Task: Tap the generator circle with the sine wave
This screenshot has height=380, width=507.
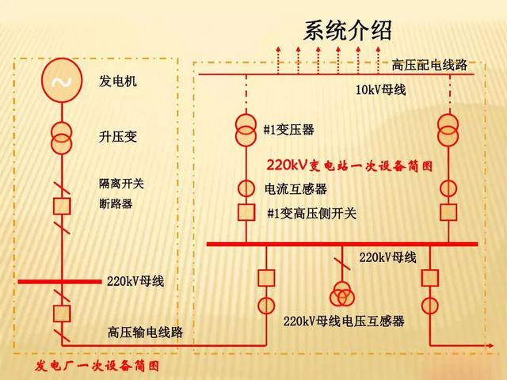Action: [61, 82]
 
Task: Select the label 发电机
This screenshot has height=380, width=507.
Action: [118, 82]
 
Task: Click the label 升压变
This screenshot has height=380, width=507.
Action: [118, 137]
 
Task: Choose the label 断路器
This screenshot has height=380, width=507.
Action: [116, 204]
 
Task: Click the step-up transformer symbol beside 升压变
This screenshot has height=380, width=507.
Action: [61, 137]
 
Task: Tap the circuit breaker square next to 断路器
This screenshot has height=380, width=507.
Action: [61, 205]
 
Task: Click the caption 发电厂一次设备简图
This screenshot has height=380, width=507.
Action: [97, 366]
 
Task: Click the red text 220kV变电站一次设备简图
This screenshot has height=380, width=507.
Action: [350, 166]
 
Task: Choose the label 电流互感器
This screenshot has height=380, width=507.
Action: [295, 189]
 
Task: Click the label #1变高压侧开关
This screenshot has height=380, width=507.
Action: [311, 213]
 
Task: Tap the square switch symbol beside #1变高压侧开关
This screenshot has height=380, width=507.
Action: [246, 212]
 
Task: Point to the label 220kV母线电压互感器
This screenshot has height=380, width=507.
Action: [344, 321]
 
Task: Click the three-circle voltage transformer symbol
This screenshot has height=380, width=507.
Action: [343, 294]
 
